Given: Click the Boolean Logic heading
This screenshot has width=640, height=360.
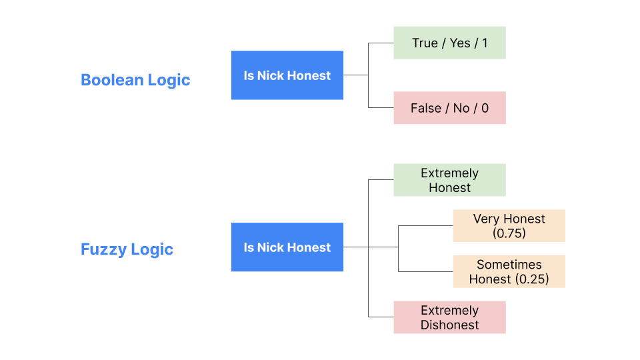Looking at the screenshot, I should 135,80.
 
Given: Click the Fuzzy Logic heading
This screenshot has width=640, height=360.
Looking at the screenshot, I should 127,249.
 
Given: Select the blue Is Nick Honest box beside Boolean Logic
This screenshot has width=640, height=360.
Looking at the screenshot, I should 287,75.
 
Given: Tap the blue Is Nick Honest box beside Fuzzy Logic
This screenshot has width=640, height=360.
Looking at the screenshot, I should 287,247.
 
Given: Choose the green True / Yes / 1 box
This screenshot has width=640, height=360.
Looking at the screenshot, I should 449,43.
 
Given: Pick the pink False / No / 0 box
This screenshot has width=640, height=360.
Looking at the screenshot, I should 449,108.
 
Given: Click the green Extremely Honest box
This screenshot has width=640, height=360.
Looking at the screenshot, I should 449,180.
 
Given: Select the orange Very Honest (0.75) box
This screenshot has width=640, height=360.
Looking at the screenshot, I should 509,226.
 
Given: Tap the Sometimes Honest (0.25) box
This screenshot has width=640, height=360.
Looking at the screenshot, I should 509,271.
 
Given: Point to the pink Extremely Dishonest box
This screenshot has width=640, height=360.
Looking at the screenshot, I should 449,317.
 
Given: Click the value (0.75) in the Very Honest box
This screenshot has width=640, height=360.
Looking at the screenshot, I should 509,233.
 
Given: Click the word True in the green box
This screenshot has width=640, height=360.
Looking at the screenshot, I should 425,43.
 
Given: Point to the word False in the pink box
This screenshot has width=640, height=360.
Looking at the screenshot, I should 426,108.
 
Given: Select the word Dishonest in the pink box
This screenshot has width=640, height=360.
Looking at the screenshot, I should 449,325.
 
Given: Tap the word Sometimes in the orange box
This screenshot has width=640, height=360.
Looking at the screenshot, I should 509,265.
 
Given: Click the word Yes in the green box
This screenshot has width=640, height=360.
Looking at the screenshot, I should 460,43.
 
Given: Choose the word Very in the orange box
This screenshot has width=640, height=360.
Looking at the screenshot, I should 486,219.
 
